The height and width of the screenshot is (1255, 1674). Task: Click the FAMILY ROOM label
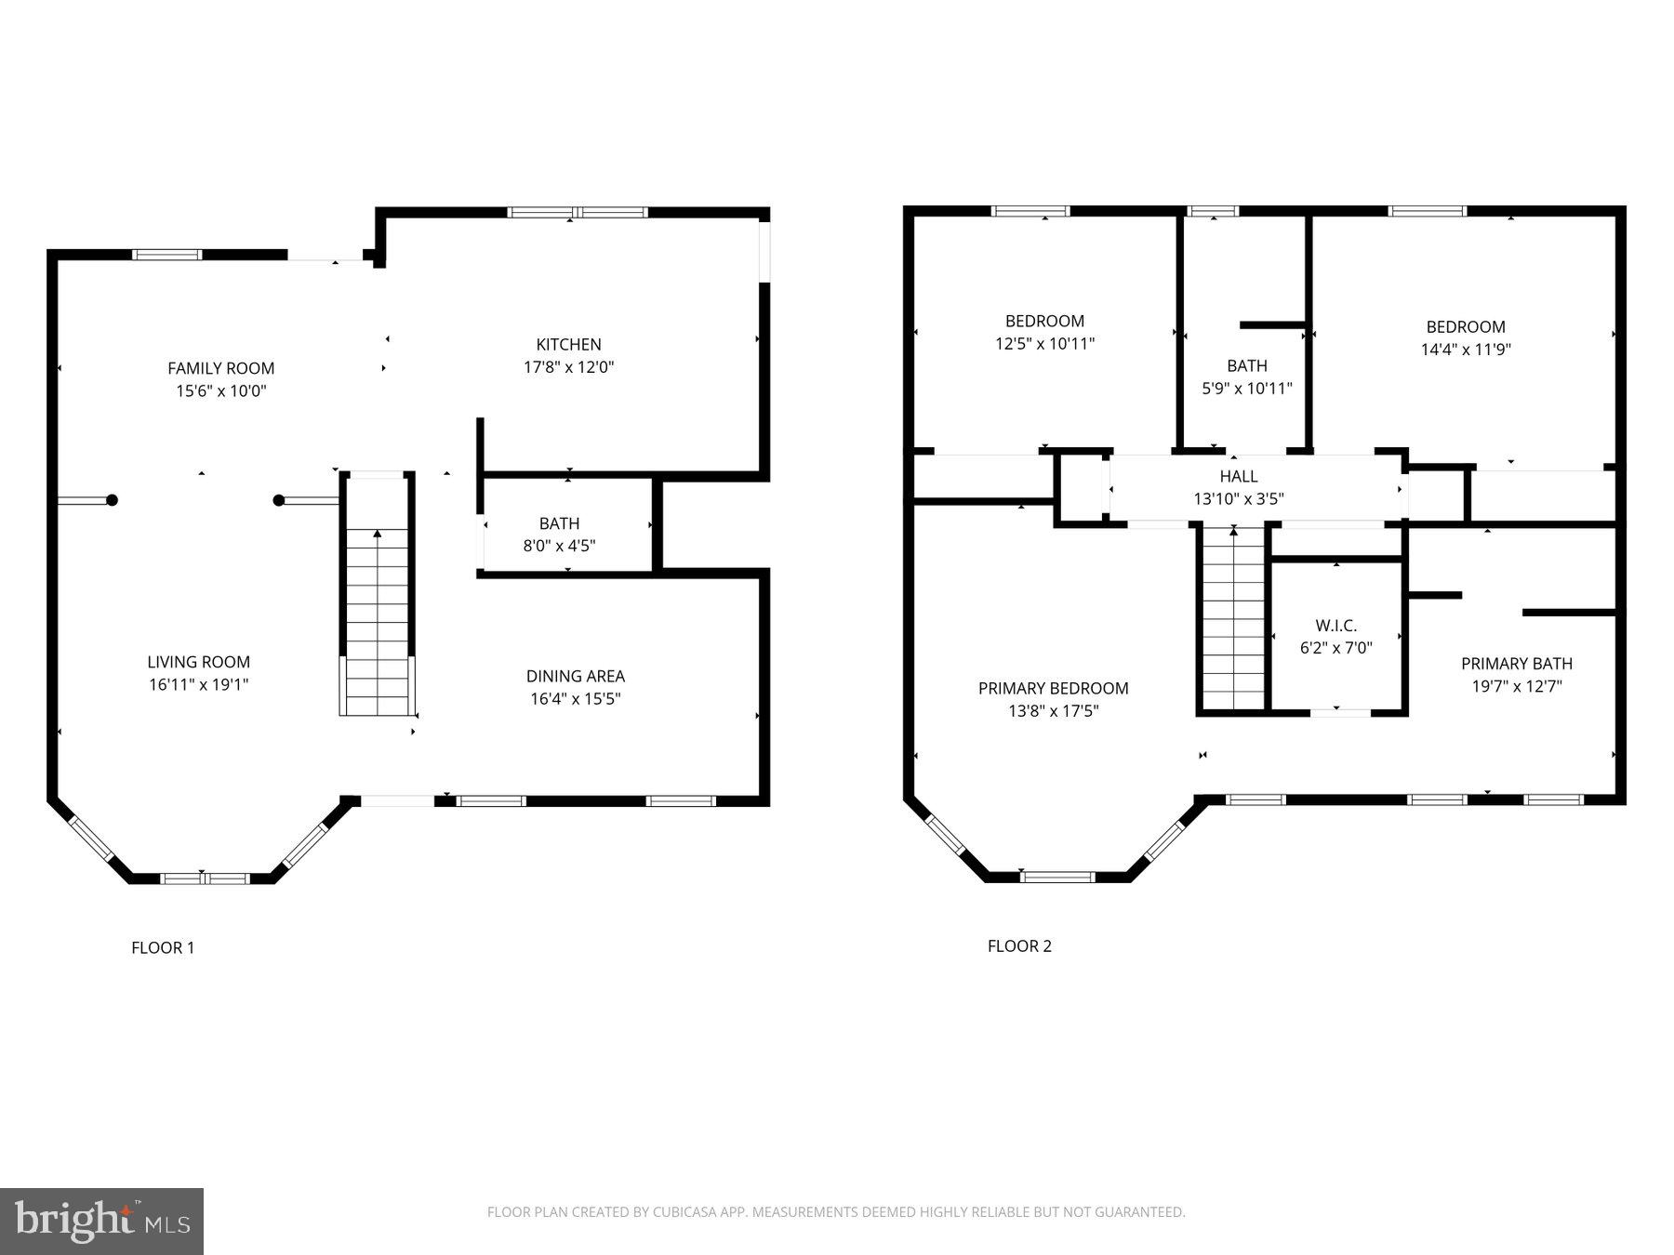tap(220, 368)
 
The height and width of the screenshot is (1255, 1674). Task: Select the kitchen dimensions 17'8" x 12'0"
tap(568, 367)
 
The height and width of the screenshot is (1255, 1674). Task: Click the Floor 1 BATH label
tap(559, 523)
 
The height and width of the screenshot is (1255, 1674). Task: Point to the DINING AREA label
tap(575, 676)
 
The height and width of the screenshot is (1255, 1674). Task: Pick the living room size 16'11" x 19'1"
tap(198, 685)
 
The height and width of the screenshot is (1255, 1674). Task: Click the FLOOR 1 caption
tap(163, 947)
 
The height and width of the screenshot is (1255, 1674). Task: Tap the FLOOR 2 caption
tap(1019, 945)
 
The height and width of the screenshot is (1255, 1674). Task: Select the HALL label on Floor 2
tap(1238, 476)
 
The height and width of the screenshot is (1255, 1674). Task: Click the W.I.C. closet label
tap(1335, 626)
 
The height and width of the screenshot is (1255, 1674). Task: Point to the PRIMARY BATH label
tap(1516, 663)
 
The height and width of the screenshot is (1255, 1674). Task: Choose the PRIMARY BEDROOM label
tap(1053, 688)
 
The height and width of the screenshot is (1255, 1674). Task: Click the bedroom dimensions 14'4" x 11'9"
tap(1465, 350)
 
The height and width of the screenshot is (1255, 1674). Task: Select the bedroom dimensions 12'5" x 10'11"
tap(1044, 344)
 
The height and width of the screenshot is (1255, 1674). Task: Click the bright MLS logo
tap(101, 1221)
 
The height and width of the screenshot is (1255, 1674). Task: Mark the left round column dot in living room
tap(112, 500)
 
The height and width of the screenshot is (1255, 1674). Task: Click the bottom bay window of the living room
tap(205, 878)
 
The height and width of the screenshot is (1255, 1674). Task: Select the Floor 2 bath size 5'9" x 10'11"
tap(1246, 389)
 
